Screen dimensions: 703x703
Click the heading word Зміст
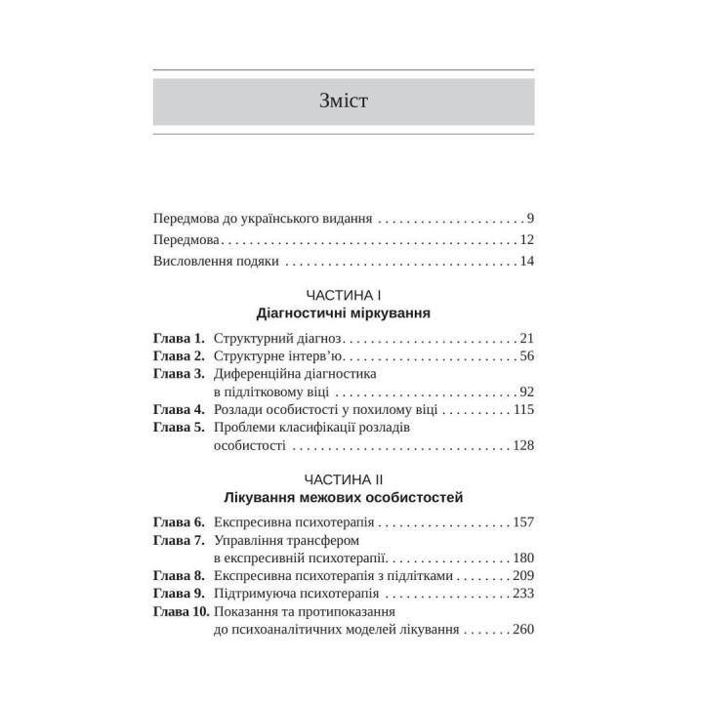pyautogui.click(x=343, y=101)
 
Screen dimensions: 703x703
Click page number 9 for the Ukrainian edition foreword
pyautogui.click(x=528, y=218)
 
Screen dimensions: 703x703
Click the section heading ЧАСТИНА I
pyautogui.click(x=343, y=296)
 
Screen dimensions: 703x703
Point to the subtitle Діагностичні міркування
pyautogui.click(x=343, y=314)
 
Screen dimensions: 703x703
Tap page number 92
pyautogui.click(x=525, y=391)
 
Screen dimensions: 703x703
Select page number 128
pyautogui.click(x=522, y=444)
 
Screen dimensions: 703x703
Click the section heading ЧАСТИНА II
pyautogui.click(x=343, y=479)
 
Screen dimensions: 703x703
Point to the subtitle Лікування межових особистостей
pyautogui.click(x=343, y=498)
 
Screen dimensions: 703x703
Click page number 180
pyautogui.click(x=522, y=558)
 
